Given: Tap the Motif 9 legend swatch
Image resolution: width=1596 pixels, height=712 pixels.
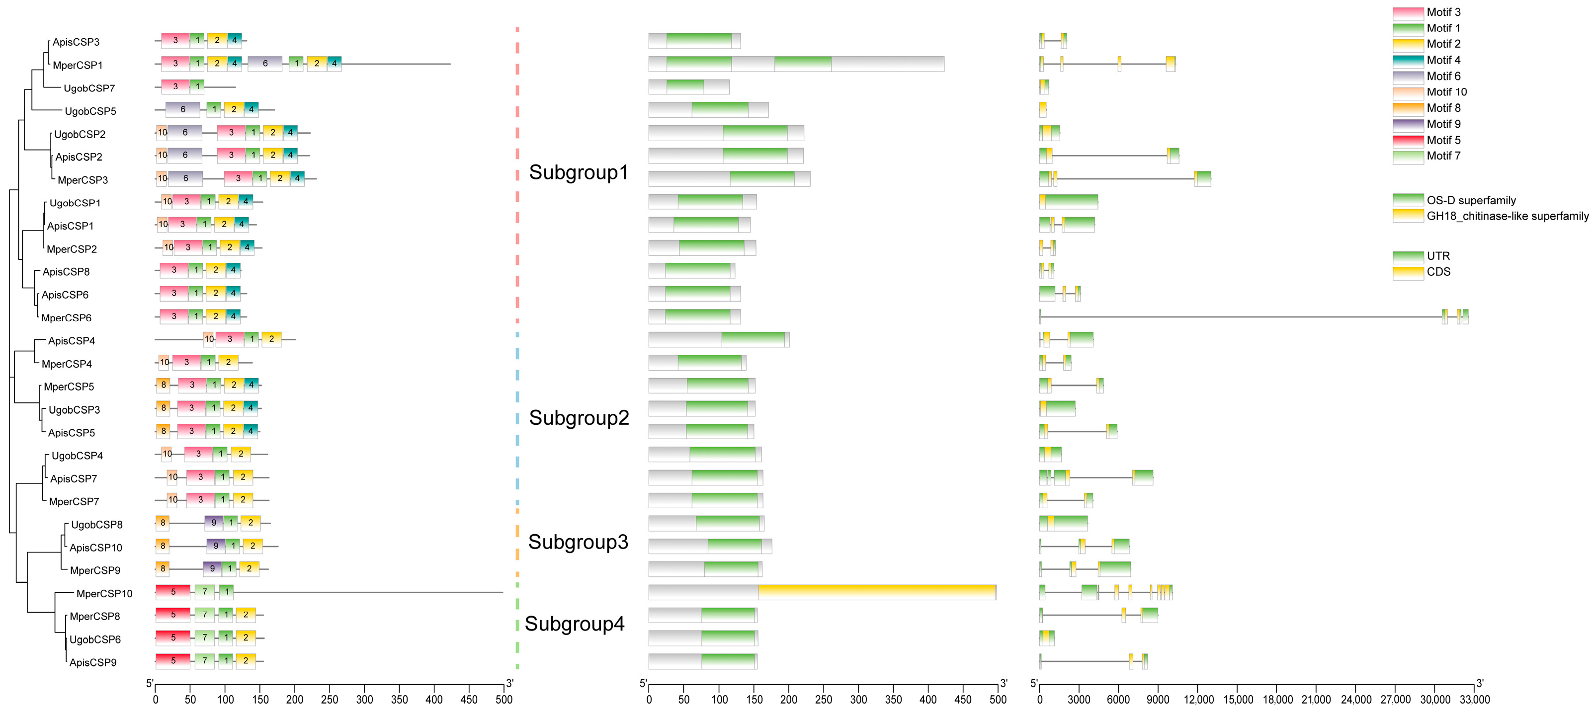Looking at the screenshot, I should tap(1408, 124).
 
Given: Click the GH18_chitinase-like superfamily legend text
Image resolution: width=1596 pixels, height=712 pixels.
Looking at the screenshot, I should tap(1507, 216).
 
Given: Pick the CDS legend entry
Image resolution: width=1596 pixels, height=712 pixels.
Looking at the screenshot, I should tap(1438, 272).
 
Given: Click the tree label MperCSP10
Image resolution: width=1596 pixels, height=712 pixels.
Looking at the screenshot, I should tap(104, 593).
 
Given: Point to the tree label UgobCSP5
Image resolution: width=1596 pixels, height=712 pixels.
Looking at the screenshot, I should tap(90, 111).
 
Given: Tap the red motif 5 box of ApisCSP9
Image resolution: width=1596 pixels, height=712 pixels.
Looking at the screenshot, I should tap(173, 661).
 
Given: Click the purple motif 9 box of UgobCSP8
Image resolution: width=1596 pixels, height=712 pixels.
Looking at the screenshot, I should tap(214, 523).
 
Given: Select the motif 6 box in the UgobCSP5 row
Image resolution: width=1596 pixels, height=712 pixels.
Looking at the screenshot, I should tap(183, 110).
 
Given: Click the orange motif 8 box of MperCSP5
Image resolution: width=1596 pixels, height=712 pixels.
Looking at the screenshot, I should tap(164, 385).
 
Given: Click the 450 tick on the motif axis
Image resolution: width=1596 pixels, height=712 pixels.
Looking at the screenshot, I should tap(469, 700).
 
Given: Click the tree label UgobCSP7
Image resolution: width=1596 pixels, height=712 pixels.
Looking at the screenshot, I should tap(89, 88).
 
